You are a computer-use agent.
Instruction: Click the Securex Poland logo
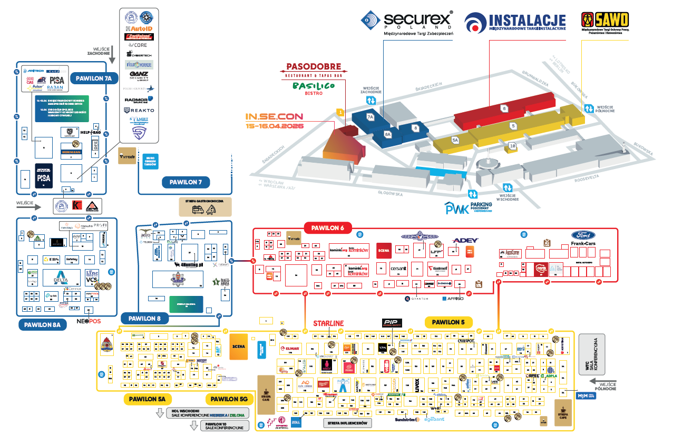tap(407, 20)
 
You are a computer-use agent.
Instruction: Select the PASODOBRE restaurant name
tap(314, 67)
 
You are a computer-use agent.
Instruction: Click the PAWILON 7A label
tap(94, 78)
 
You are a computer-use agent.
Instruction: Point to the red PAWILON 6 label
tap(328, 228)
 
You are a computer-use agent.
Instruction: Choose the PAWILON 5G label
tap(229, 399)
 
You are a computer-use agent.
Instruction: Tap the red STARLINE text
tap(328, 323)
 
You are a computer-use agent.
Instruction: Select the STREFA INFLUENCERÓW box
tap(347, 423)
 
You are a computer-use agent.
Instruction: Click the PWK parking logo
tap(468, 207)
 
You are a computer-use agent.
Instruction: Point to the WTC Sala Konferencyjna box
tap(592, 354)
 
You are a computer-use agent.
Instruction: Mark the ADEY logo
tap(464, 240)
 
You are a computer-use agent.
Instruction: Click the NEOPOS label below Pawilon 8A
tap(89, 321)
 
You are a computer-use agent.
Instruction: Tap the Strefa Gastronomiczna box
tap(205, 206)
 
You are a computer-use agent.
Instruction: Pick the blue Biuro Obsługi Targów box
tap(150, 161)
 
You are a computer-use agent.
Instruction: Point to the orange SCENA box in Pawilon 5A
tap(238, 346)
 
